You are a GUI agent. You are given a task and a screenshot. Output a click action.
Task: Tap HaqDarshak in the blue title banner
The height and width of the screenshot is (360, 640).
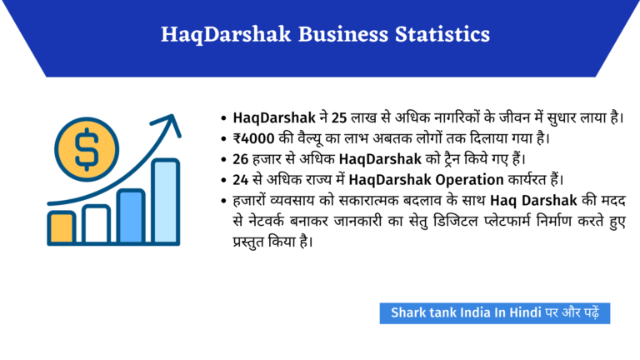click(x=219, y=34)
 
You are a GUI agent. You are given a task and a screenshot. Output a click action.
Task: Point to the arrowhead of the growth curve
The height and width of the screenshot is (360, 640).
click(x=174, y=124)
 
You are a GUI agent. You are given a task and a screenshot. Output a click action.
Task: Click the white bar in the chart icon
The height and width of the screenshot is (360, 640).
click(x=96, y=224)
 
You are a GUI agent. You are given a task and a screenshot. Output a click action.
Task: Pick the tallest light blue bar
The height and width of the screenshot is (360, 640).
click(x=165, y=201)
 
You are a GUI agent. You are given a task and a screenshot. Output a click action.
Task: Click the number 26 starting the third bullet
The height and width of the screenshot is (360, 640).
click(x=242, y=158)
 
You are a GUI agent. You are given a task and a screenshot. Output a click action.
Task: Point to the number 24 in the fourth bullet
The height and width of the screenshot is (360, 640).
click(x=242, y=179)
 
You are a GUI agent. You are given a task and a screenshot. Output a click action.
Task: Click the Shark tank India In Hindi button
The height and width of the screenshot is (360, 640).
click(x=496, y=313)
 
